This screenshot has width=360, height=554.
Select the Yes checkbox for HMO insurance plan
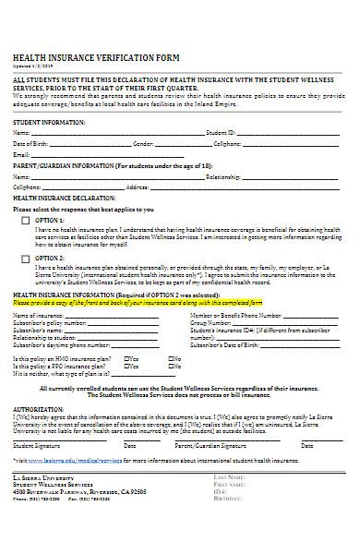click(126, 356)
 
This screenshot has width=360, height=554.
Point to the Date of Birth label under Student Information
click(30, 145)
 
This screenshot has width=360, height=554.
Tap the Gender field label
click(143, 145)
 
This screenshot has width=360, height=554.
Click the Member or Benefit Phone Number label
click(234, 317)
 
